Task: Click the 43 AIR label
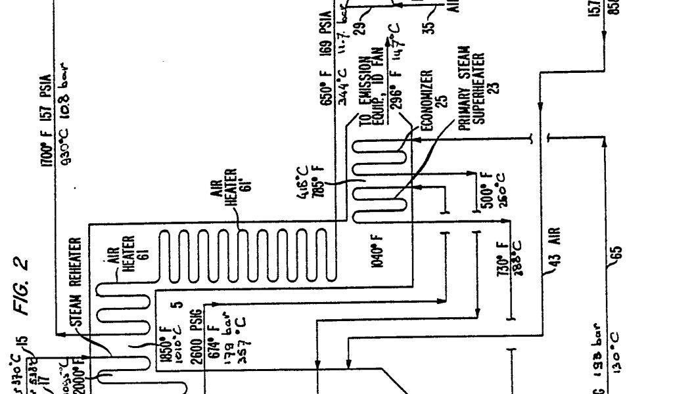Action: pos(555,249)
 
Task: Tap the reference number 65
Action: pos(616,253)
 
